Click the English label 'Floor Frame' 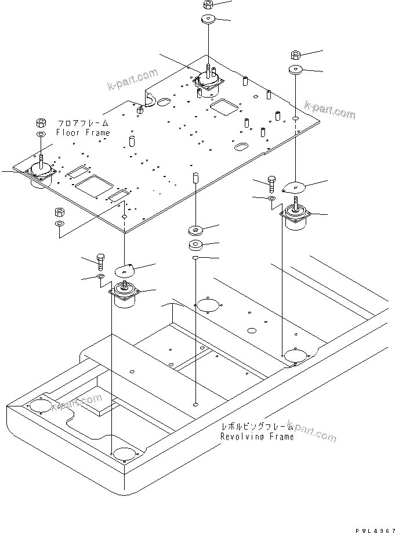click(82, 133)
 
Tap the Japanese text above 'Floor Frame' click(82, 124)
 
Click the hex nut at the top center click(208, 5)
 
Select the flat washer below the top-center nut click(208, 20)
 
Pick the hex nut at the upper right click(294, 56)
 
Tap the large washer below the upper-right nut click(295, 70)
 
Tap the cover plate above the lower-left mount click(124, 269)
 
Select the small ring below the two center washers click(196, 256)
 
